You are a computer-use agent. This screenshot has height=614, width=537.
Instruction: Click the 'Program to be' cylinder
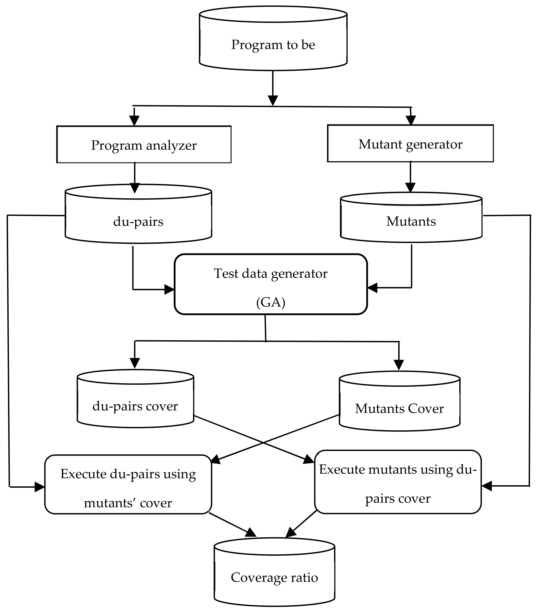pyautogui.click(x=273, y=42)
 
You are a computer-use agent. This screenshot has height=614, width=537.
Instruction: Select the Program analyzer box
pyautogui.click(x=144, y=144)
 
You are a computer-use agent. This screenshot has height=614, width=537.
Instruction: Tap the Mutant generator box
pyautogui.click(x=410, y=144)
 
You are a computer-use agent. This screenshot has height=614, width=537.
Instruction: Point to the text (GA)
pyautogui.click(x=271, y=302)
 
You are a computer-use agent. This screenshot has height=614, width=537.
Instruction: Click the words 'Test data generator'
pyautogui.click(x=271, y=273)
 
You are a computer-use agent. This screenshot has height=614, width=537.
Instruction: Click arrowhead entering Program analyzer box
pyautogui.click(x=134, y=121)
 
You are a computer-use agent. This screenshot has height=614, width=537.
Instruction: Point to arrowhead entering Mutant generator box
pyautogui.click(x=411, y=120)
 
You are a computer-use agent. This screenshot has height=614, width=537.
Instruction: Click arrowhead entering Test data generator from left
pyautogui.click(x=170, y=290)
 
